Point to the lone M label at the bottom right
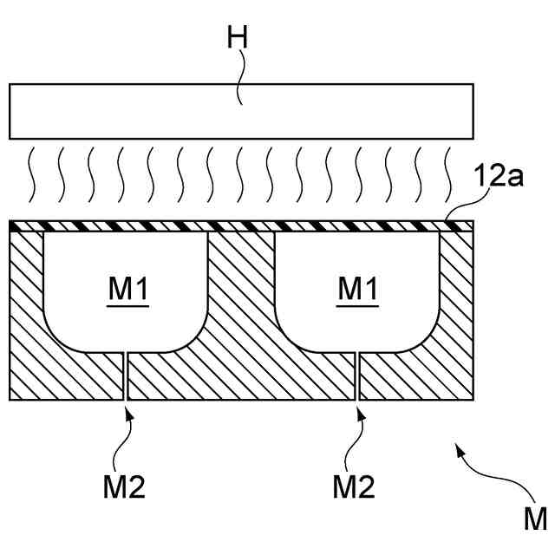pyautogui.click(x=534, y=519)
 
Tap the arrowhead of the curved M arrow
pyautogui.click(x=457, y=449)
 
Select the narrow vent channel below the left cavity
pyautogui.click(x=126, y=375)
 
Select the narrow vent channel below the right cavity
pyautogui.click(x=356, y=375)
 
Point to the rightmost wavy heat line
pyautogui.click(x=448, y=173)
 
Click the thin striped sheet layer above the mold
pyautogui.click(x=241, y=225)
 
